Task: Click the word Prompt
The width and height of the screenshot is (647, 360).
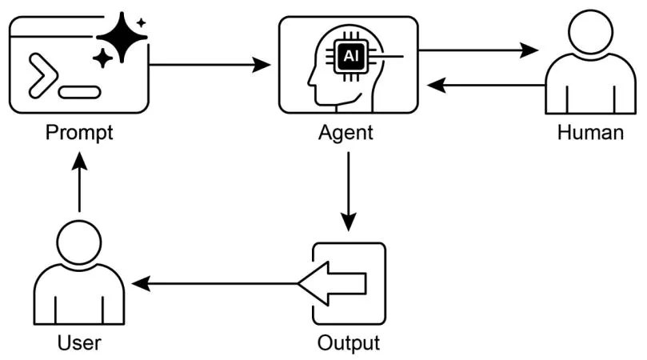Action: pos(79,132)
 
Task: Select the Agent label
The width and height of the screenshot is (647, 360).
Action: pos(346,132)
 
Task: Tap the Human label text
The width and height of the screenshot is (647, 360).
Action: pos(590,132)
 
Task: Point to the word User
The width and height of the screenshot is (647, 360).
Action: pos(79,342)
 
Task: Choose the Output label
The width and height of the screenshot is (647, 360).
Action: pos(348,342)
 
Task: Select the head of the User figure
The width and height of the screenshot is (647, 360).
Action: pos(79,245)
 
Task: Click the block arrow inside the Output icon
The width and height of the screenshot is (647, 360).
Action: pos(334,283)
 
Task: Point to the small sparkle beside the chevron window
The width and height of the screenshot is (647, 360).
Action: pos(102,58)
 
